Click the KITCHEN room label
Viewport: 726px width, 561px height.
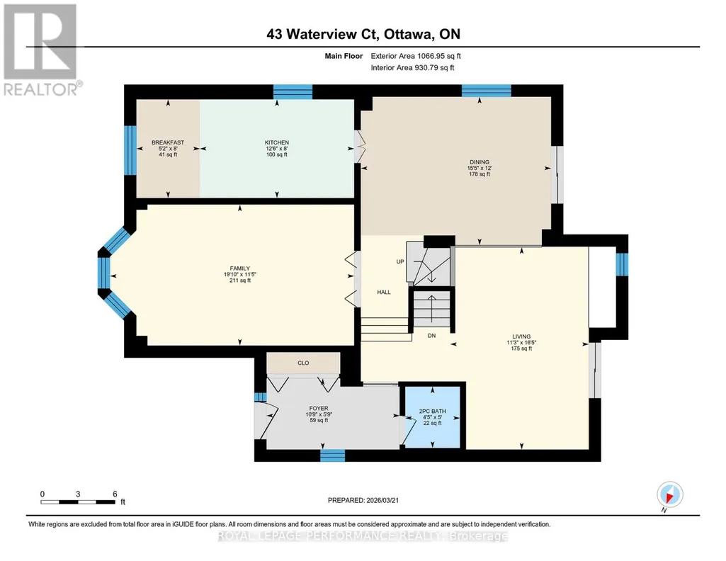tap(276, 142)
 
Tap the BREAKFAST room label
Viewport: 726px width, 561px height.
tap(168, 142)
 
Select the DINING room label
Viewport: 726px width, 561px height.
tap(480, 162)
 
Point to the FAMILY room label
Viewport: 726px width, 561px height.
tap(240, 268)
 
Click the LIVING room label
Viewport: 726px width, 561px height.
tap(521, 336)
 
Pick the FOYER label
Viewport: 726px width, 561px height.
tap(319, 409)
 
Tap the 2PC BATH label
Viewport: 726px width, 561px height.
tap(433, 411)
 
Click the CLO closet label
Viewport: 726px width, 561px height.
tap(303, 363)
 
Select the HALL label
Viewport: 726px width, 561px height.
tap(384, 292)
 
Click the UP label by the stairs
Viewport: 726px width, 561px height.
tap(400, 261)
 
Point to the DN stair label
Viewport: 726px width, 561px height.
tap(431, 336)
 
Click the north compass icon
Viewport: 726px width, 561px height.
tap(669, 495)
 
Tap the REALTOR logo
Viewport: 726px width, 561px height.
tap(41, 50)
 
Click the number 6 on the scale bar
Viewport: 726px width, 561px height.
tap(115, 494)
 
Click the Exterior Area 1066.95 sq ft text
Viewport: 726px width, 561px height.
tap(416, 56)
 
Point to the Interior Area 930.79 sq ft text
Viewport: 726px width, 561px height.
tap(412, 67)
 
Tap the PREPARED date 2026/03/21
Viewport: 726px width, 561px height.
tap(363, 500)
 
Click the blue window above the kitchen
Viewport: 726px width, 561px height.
tap(293, 91)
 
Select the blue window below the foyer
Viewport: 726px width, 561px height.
tap(332, 455)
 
